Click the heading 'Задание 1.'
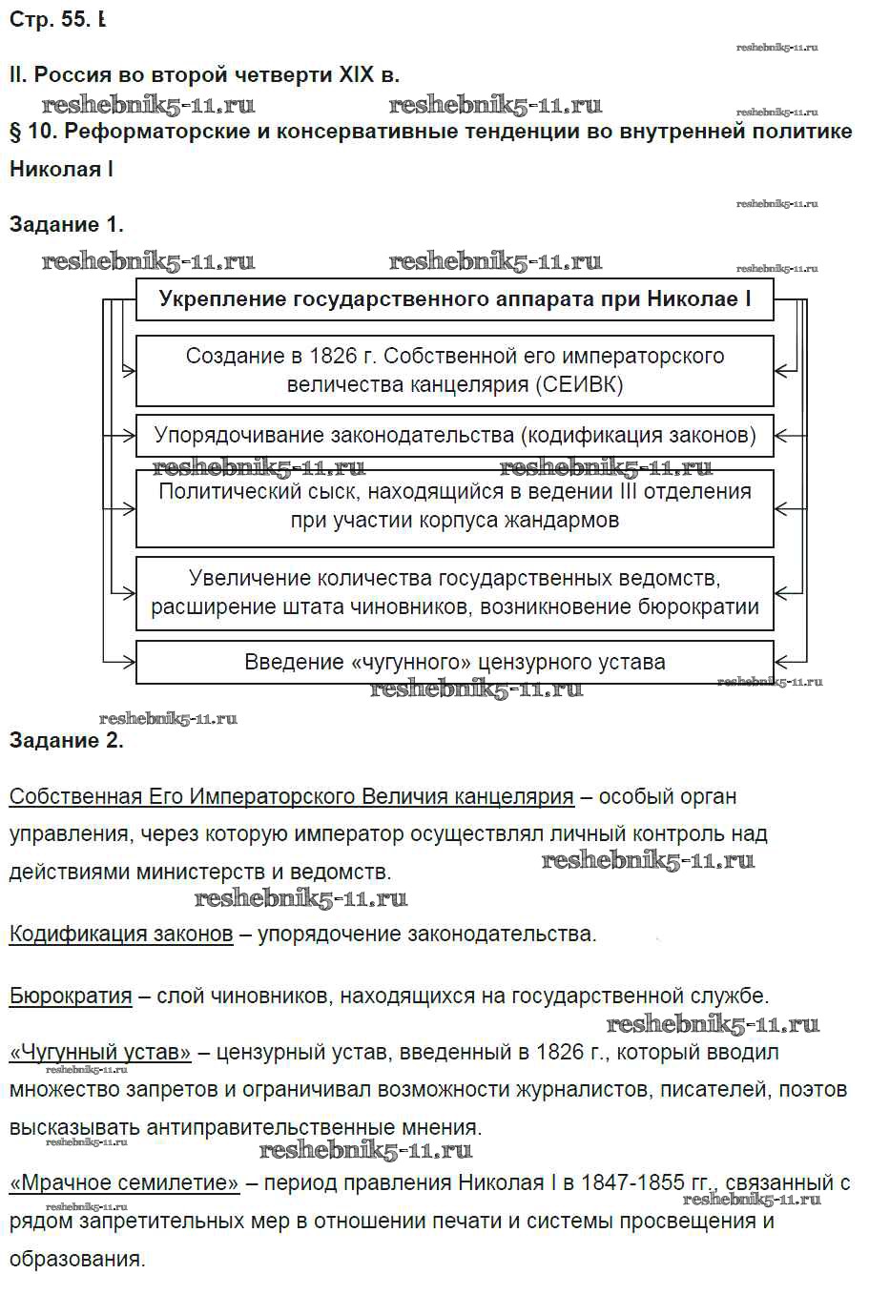tap(66, 225)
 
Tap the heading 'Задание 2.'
tap(66, 741)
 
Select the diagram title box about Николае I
tap(454, 299)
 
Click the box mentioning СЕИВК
tap(454, 370)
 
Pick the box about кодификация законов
tap(454, 436)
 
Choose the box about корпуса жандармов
tap(454, 506)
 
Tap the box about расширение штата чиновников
tap(454, 592)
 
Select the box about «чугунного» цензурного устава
tap(454, 662)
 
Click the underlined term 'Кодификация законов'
tap(121, 934)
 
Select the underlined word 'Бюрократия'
tap(71, 997)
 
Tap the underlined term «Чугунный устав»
tap(100, 1053)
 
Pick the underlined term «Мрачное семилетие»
tap(124, 1183)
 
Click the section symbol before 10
tap(15, 132)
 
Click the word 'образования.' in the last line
tap(77, 1259)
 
